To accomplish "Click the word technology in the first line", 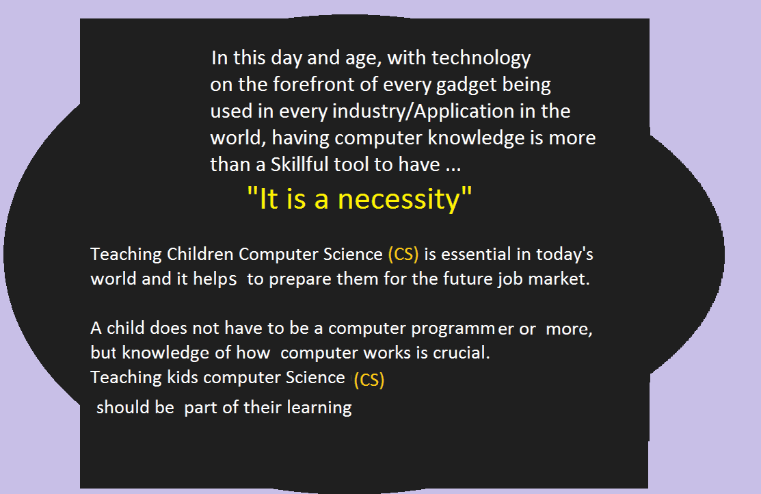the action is [481, 58].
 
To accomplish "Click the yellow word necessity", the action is [398, 200].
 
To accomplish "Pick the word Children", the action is [200, 254].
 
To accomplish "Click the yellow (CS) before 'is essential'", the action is [403, 254].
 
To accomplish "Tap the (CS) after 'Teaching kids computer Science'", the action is [369, 379].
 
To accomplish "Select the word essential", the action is [476, 254].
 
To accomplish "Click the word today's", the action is [565, 255].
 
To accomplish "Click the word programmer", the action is [462, 329].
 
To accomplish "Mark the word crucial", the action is [461, 352].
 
